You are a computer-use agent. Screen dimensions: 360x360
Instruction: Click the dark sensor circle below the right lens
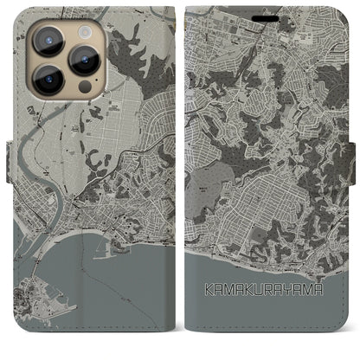tap(84, 87)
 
